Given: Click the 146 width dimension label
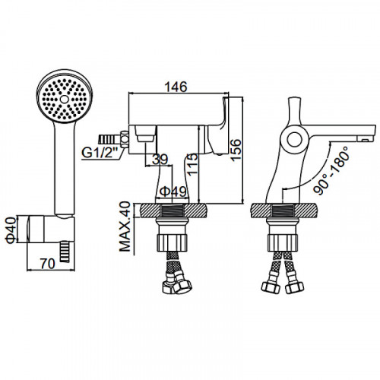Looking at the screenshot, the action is click(x=176, y=87).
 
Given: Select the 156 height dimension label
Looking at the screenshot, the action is click(x=236, y=150).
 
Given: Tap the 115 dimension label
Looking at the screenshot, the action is click(x=193, y=164).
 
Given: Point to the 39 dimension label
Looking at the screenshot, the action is click(x=160, y=160).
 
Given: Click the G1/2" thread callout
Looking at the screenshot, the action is click(x=100, y=153).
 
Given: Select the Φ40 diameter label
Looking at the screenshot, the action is click(x=11, y=230).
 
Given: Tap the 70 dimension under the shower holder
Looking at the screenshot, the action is click(x=48, y=264).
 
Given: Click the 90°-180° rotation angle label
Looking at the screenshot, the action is click(x=331, y=170).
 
